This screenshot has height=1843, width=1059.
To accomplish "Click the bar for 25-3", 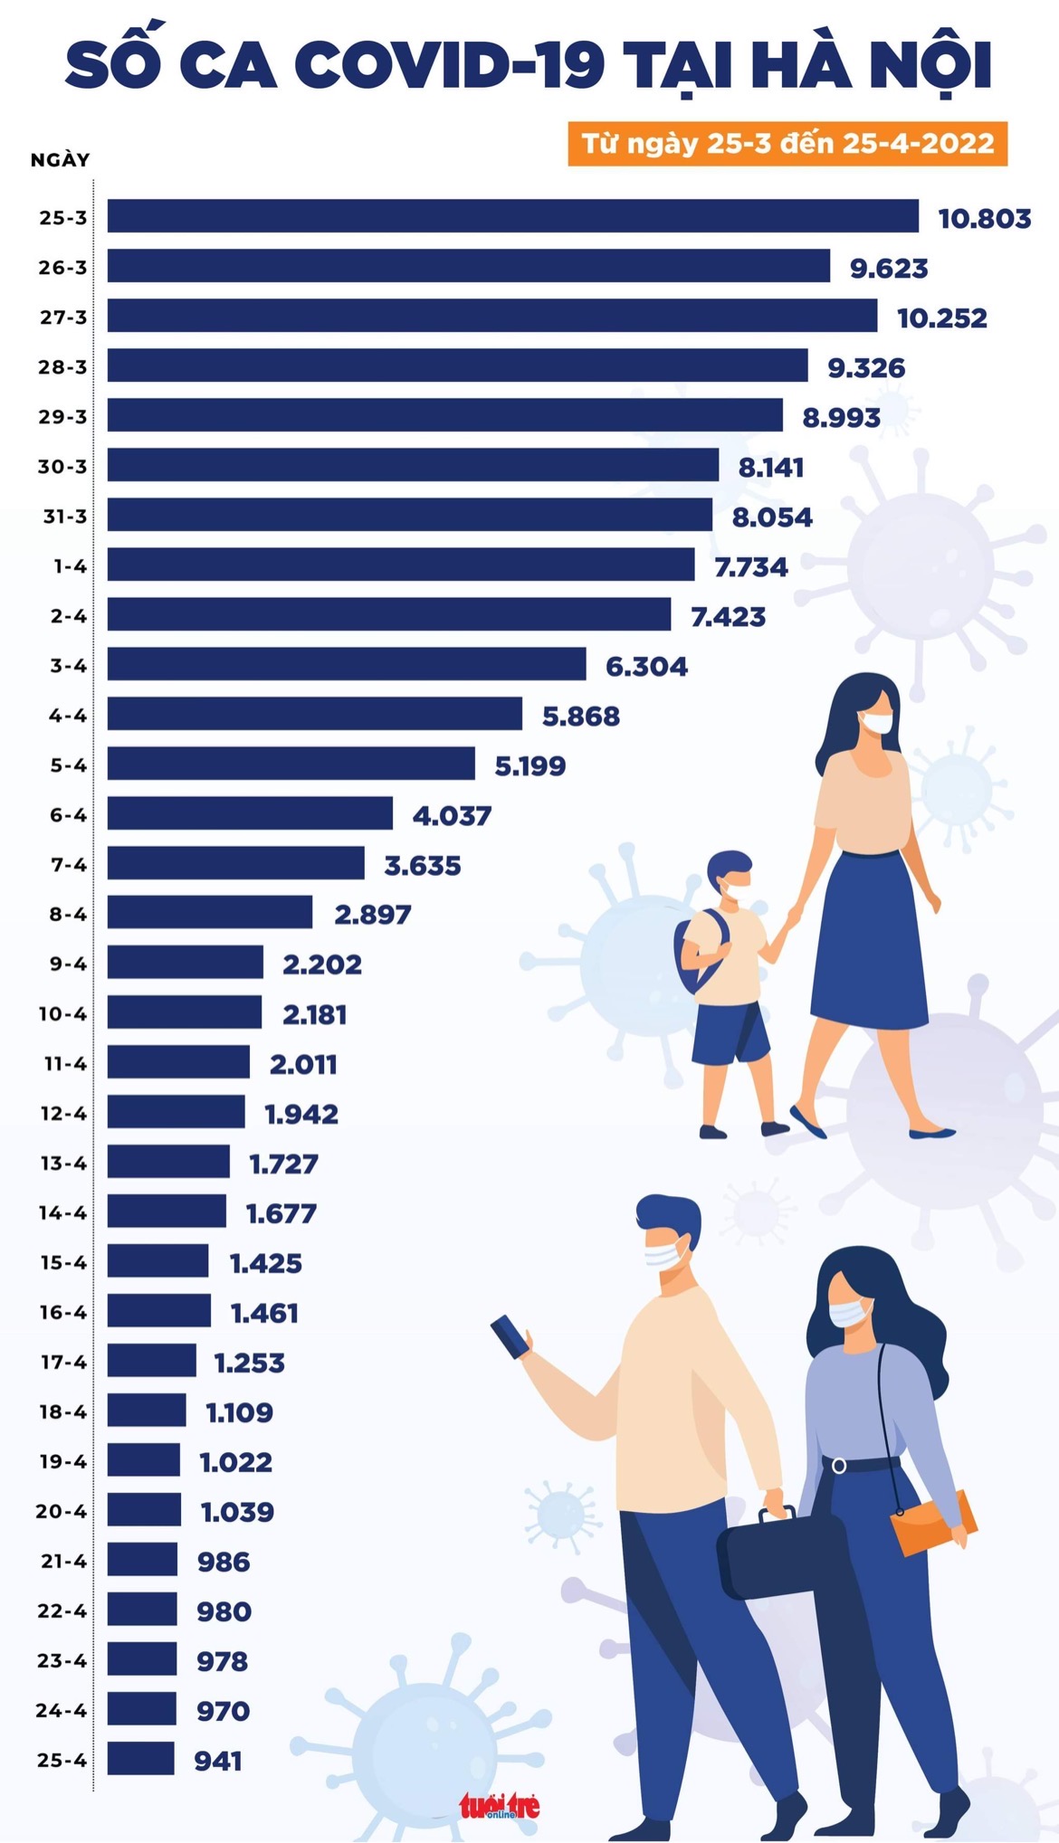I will (x=512, y=216).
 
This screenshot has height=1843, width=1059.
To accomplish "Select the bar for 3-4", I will (x=347, y=663).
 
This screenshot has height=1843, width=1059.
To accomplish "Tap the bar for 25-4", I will (x=141, y=1758).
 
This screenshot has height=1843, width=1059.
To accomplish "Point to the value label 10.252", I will (x=941, y=318).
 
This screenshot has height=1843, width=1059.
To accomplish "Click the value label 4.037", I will (x=452, y=815).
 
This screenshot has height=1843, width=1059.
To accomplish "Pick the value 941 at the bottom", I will (x=218, y=1761).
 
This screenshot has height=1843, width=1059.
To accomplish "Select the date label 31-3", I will (x=65, y=517).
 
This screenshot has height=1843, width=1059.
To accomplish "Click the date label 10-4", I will (x=62, y=1014).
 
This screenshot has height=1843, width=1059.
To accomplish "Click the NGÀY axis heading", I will (x=61, y=160).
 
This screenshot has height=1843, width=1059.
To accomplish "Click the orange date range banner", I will (x=787, y=144).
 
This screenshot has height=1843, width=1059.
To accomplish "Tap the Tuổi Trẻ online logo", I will (x=500, y=1807).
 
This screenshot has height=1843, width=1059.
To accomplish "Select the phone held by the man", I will (x=510, y=1336).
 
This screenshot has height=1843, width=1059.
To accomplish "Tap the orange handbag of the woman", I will (x=932, y=1522).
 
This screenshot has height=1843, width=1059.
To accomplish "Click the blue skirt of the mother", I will (x=869, y=941).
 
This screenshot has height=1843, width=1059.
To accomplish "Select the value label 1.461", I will (x=264, y=1313).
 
